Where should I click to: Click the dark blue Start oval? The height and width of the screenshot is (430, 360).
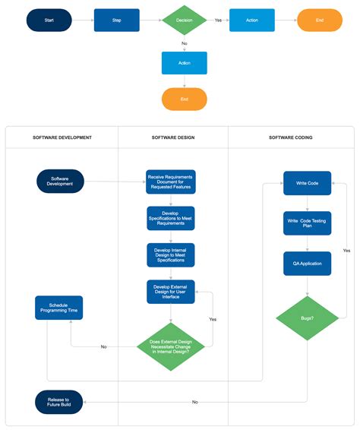coord(49,21)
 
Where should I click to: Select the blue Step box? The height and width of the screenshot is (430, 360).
coord(116,21)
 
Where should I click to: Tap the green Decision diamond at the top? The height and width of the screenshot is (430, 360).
coord(184,21)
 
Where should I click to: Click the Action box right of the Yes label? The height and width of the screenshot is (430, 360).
coord(251,21)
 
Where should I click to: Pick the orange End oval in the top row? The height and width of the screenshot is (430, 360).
coord(319,21)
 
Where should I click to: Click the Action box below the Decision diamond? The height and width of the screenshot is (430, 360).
coord(184,62)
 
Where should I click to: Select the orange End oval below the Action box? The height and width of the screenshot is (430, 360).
coord(184,99)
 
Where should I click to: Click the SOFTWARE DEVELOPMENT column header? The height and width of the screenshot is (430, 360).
coord(62,138)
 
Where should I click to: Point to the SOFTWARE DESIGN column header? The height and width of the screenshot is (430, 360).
coord(172,138)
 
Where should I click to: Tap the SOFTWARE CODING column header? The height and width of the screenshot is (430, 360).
coord(291,138)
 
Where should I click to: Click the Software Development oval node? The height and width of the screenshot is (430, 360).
coord(60,181)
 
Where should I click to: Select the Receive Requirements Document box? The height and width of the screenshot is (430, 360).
coord(170,182)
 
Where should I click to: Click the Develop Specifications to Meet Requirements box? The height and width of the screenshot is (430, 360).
coord(170,218)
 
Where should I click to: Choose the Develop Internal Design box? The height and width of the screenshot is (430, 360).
coord(170,255)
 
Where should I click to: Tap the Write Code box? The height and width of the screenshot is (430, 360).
coord(307,183)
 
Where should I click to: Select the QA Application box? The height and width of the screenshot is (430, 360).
coord(307,264)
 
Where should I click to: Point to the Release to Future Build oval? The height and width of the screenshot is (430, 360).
coord(59,401)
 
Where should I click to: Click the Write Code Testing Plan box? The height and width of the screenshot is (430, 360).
coord(307,223)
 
